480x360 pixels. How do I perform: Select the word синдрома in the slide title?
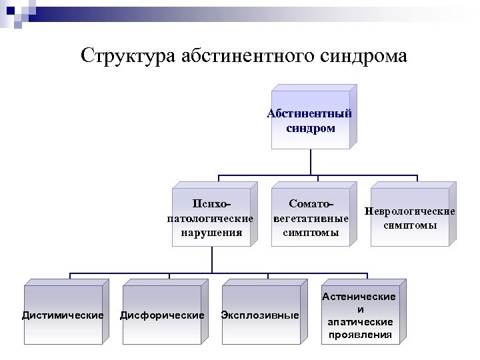pos(363,55)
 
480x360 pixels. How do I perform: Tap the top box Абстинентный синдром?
pos(311,120)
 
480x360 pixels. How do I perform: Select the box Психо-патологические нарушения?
pos(211,217)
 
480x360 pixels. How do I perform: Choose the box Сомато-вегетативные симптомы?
pos(311,217)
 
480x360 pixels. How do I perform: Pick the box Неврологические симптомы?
pos(410,217)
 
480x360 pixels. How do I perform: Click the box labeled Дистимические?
pos(63,315)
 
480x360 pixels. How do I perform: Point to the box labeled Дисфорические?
pos(162,315)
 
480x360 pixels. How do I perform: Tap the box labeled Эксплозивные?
pos(260,315)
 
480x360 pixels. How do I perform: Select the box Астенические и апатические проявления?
pos(360,315)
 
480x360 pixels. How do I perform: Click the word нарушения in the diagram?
pos(211,233)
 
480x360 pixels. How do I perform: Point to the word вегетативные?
pos(311,218)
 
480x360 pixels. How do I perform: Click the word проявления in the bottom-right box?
pos(360,334)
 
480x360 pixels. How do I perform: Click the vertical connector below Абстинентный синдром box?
pos(311,162)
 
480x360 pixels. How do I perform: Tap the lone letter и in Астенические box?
pos(360,309)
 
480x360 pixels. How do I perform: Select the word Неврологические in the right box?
pos(410,211)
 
